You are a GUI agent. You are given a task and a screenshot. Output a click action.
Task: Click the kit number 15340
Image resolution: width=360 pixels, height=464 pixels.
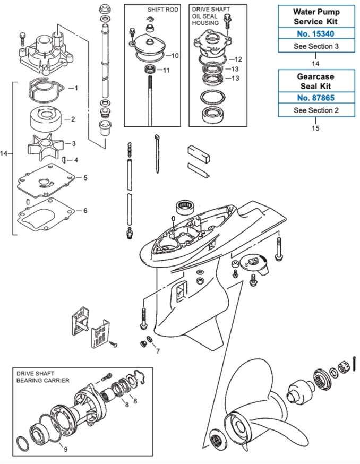[315, 34]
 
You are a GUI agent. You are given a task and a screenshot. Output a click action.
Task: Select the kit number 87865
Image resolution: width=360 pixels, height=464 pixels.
[315, 98]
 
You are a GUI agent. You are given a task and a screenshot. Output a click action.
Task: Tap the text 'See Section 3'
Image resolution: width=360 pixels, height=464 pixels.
[316, 46]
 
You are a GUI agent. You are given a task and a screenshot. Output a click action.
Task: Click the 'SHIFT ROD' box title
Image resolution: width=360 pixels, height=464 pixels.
[163, 10]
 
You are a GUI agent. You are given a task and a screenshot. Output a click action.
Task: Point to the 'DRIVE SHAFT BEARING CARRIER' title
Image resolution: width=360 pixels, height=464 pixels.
[43, 377]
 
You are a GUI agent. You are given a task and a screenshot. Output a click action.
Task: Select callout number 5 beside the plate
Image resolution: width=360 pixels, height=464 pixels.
[85, 177]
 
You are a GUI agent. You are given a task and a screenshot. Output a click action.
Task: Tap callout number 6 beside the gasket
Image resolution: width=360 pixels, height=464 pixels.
[85, 211]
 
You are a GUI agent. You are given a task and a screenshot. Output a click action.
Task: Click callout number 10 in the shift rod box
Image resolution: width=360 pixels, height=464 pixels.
[175, 56]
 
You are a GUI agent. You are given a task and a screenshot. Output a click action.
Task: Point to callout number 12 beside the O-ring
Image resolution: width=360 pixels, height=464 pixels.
[238, 59]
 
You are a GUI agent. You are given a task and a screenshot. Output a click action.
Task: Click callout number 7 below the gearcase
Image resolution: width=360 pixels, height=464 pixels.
[158, 351]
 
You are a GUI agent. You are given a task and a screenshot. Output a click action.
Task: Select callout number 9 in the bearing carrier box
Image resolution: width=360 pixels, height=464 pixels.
[66, 449]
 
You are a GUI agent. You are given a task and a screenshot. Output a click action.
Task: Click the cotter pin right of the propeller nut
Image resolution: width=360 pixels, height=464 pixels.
[355, 363]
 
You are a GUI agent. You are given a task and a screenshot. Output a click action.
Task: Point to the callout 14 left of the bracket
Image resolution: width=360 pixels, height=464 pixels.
[4, 153]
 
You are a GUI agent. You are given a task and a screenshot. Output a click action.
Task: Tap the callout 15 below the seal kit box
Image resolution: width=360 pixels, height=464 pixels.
[315, 128]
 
